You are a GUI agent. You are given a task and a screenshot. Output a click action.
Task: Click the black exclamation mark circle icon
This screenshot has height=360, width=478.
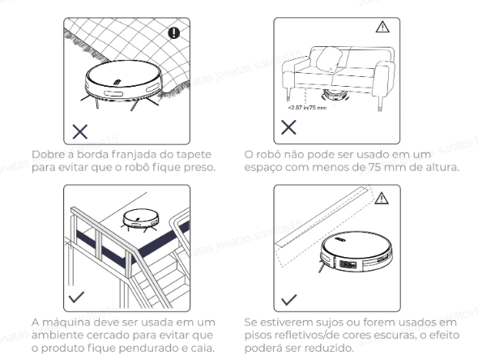(x=174, y=32)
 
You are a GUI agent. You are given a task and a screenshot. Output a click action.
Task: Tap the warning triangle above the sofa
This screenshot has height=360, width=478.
(x=382, y=27)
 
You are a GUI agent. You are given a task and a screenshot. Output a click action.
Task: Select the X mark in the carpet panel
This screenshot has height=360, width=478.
(x=80, y=131)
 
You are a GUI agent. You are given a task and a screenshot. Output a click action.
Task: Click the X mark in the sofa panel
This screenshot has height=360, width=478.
(x=288, y=127)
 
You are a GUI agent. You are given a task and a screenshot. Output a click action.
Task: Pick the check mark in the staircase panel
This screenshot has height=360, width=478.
(x=76, y=297)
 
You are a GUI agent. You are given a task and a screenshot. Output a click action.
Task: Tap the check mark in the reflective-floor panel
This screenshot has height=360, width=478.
(x=288, y=300)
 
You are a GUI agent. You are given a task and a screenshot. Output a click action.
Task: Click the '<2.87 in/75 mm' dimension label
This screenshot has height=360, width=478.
(x=307, y=107)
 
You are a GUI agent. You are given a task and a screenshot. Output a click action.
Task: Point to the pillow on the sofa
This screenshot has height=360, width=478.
(x=329, y=59)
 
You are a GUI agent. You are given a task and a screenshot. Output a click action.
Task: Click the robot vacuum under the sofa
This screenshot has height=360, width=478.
(x=334, y=95)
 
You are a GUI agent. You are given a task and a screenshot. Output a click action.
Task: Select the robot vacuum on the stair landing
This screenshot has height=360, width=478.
(x=140, y=220)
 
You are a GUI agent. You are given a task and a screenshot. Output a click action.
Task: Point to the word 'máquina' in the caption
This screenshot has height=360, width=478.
(x=66, y=322)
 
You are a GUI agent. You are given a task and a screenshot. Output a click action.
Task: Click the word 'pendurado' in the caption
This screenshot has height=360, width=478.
(x=147, y=348)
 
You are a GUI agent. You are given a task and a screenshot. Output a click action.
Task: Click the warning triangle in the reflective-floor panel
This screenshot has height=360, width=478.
(x=382, y=199)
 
